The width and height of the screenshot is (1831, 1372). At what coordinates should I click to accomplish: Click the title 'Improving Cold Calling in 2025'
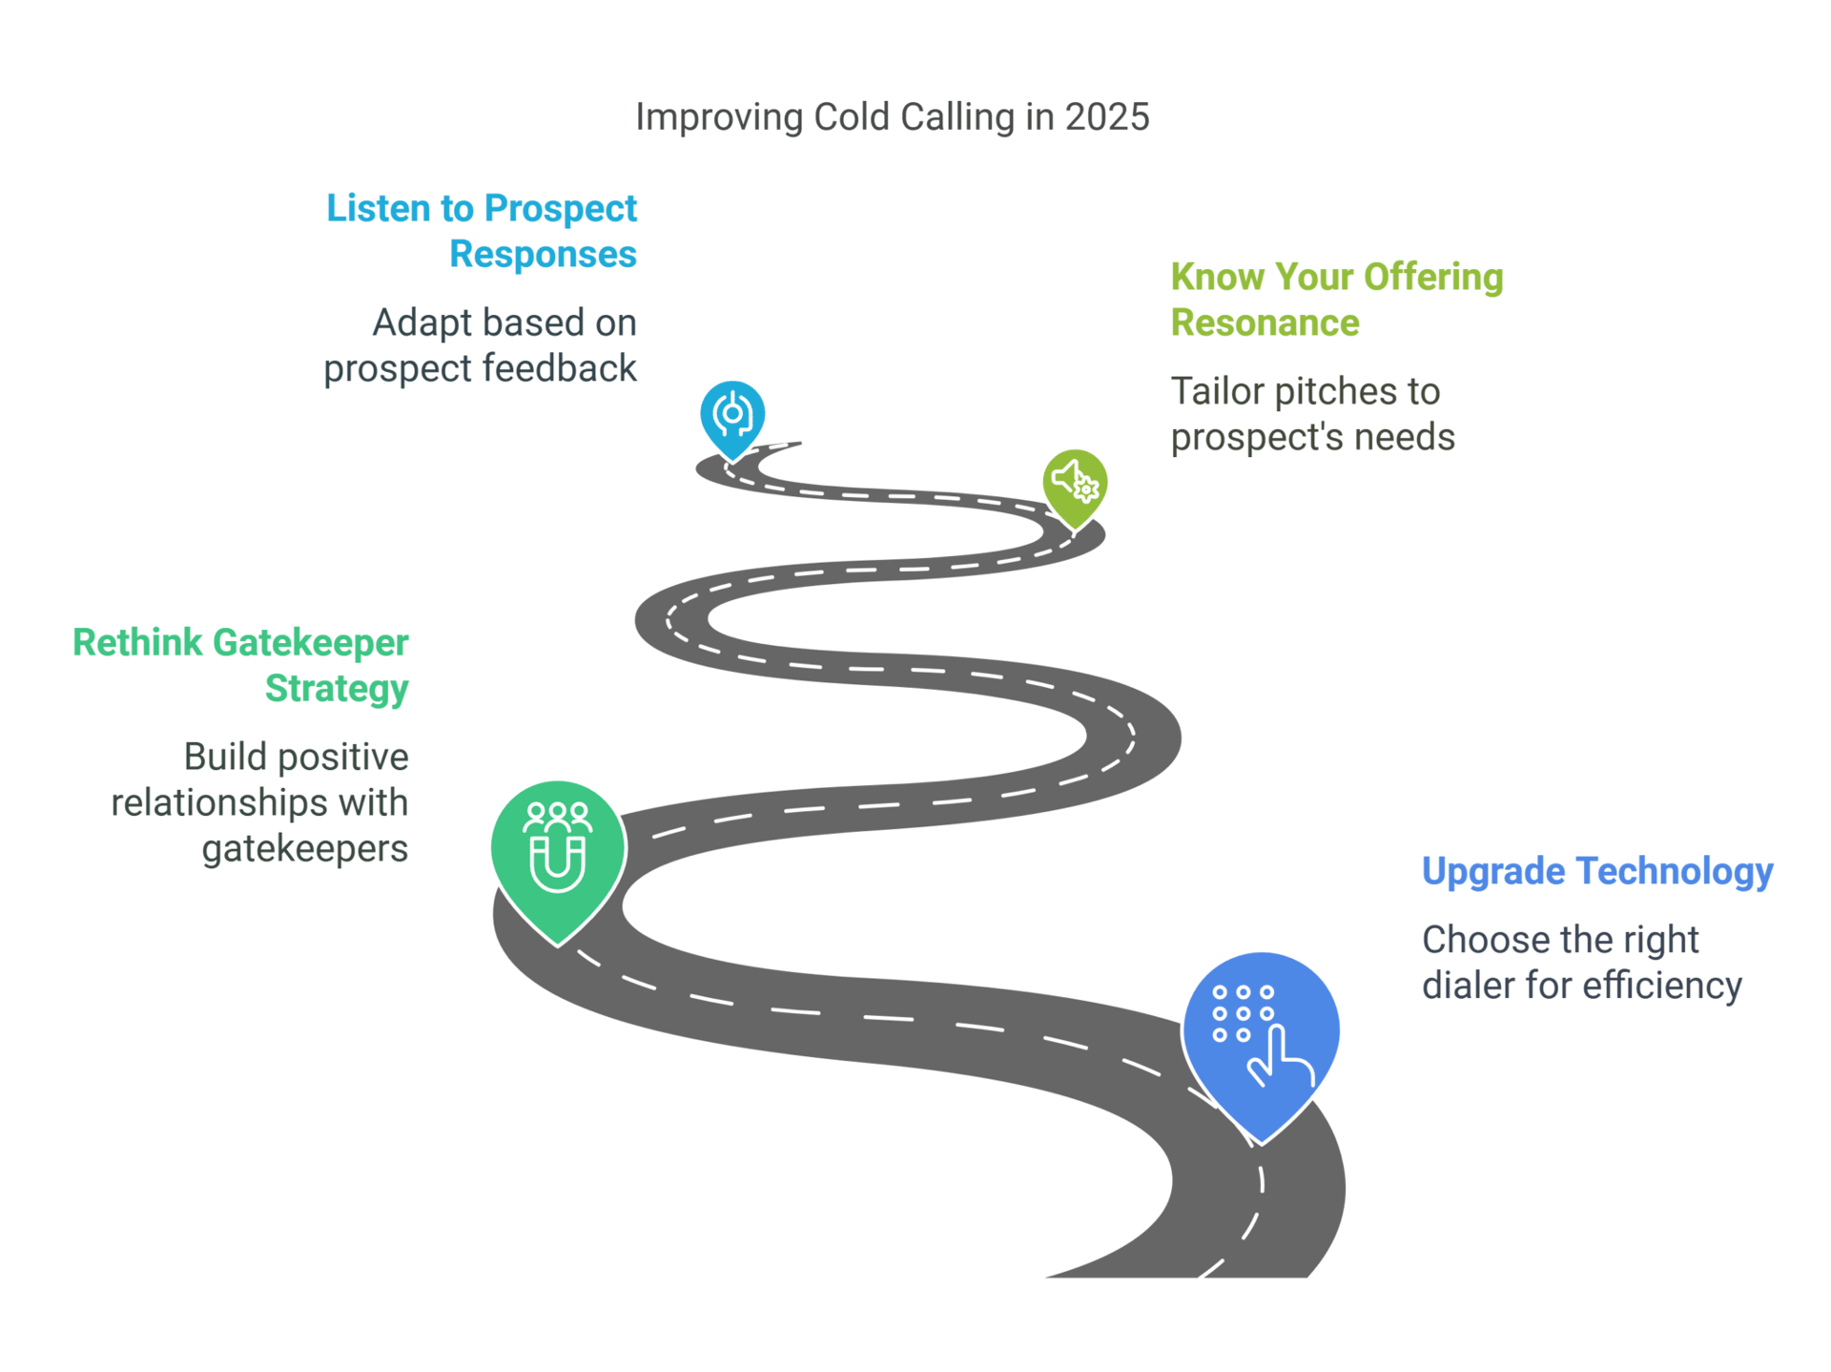pos(893,117)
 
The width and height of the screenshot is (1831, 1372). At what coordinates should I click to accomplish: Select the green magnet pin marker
pos(557,848)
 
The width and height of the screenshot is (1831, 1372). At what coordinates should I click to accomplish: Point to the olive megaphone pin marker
pos(1075,482)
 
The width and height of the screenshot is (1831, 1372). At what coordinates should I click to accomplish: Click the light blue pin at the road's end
pos(731,415)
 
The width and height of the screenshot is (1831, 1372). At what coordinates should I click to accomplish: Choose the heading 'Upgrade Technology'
pos(1596,871)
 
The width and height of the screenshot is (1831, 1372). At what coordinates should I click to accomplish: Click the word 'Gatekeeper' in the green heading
pos(311,643)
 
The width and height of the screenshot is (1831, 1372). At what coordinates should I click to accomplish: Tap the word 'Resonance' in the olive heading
pos(1265,323)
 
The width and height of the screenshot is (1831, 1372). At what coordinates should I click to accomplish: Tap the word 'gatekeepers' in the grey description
pos(305,848)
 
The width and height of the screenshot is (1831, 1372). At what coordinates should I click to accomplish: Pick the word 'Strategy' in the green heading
pos(337,689)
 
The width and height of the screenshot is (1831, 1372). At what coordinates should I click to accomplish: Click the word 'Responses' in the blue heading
pos(543,255)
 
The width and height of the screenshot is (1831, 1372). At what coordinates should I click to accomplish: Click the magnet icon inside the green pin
pos(557,863)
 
